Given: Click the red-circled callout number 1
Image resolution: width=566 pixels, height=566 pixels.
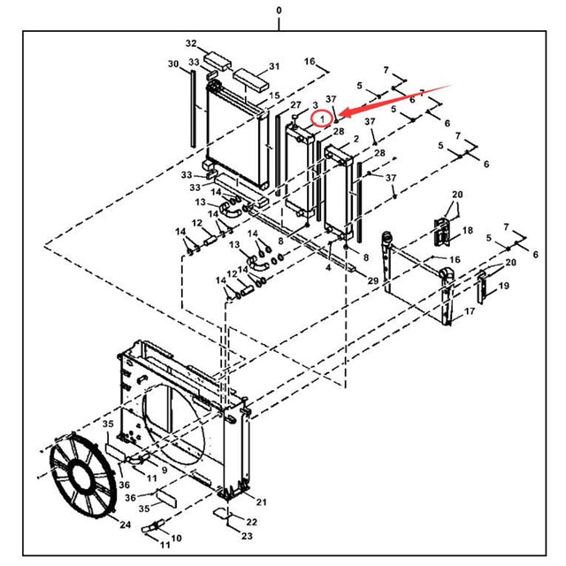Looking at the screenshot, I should click(324, 117).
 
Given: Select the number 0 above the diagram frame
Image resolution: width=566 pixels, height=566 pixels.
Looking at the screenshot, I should click(279, 10).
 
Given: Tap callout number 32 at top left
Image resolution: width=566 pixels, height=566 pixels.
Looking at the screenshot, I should click(190, 43).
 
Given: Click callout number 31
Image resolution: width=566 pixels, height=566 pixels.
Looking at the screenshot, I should click(274, 66).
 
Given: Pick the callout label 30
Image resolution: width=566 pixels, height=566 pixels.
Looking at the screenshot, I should click(173, 63).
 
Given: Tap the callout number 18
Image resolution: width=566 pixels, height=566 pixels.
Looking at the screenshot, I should click(468, 230).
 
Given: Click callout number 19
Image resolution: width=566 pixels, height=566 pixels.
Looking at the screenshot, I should click(503, 286).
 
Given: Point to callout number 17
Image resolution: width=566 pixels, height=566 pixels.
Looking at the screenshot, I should click(470, 311).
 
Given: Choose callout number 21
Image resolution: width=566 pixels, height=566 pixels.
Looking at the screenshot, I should click(261, 501).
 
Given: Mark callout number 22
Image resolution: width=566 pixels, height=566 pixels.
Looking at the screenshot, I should click(251, 523).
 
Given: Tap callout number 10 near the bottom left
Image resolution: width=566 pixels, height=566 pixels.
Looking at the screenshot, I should click(176, 538).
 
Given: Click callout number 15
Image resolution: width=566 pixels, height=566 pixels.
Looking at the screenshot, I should click(275, 96).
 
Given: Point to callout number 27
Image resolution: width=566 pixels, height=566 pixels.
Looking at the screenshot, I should click(295, 105).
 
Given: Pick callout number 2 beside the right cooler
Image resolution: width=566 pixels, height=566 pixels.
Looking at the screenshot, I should click(355, 140).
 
